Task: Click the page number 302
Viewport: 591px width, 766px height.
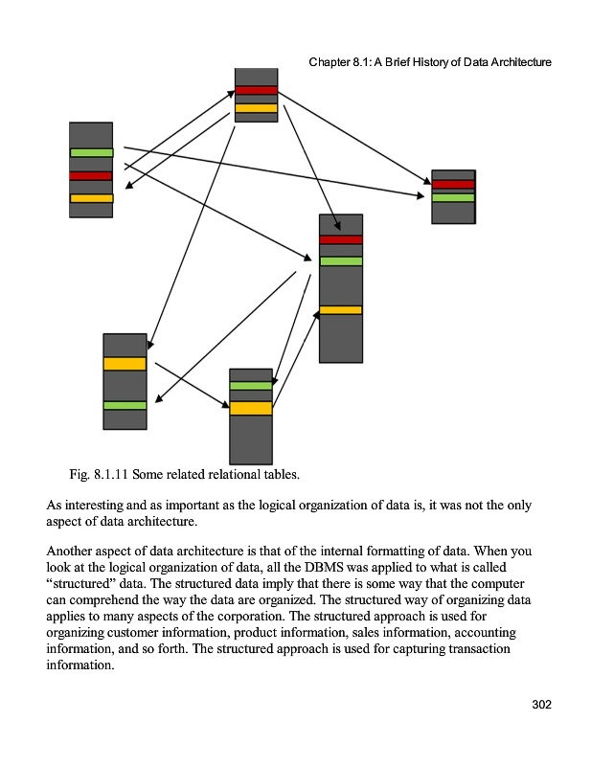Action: coord(542,705)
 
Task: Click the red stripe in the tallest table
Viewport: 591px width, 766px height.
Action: coord(340,239)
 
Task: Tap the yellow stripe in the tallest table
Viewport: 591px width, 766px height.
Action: coord(340,309)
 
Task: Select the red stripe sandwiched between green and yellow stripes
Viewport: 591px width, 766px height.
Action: coord(91,175)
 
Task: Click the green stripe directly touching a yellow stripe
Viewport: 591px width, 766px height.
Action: coord(251,385)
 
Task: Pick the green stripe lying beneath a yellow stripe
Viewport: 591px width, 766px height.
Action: coord(125,405)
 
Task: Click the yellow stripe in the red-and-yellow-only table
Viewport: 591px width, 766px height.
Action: coord(256,108)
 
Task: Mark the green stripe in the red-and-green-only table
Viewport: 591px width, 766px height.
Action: coord(453,197)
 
